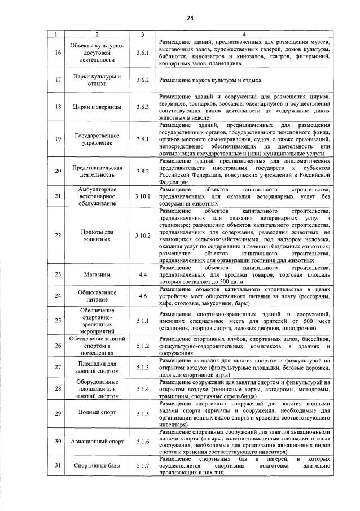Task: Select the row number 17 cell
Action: pyautogui.click(x=58, y=81)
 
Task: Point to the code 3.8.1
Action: pyautogui.click(x=142, y=138)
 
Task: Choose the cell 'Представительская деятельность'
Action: pyautogui.click(x=97, y=171)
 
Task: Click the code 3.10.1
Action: pyautogui.click(x=142, y=196)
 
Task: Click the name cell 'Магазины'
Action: pyautogui.click(x=97, y=274)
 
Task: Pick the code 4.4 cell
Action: pyautogui.click(x=142, y=274)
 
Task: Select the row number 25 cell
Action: pyautogui.click(x=58, y=321)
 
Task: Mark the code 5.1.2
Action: pyautogui.click(x=142, y=346)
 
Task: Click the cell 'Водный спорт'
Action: pyautogui.click(x=97, y=413)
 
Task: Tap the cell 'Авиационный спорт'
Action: pyautogui.click(x=97, y=441)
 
